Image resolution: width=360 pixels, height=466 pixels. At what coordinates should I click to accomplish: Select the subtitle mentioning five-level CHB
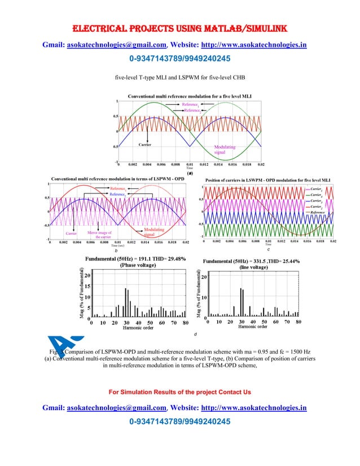(x=180, y=77)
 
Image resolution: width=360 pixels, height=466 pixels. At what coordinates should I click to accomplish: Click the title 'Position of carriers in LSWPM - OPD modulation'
(x=267, y=179)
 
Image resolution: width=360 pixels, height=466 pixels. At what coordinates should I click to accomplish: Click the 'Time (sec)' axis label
(x=117, y=246)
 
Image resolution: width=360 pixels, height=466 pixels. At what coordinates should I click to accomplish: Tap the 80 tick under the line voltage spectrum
(x=299, y=322)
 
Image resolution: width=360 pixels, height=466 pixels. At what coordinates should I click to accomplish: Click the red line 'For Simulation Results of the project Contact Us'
(x=179, y=392)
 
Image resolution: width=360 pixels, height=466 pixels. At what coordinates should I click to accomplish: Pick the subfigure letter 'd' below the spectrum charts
(x=194, y=335)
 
